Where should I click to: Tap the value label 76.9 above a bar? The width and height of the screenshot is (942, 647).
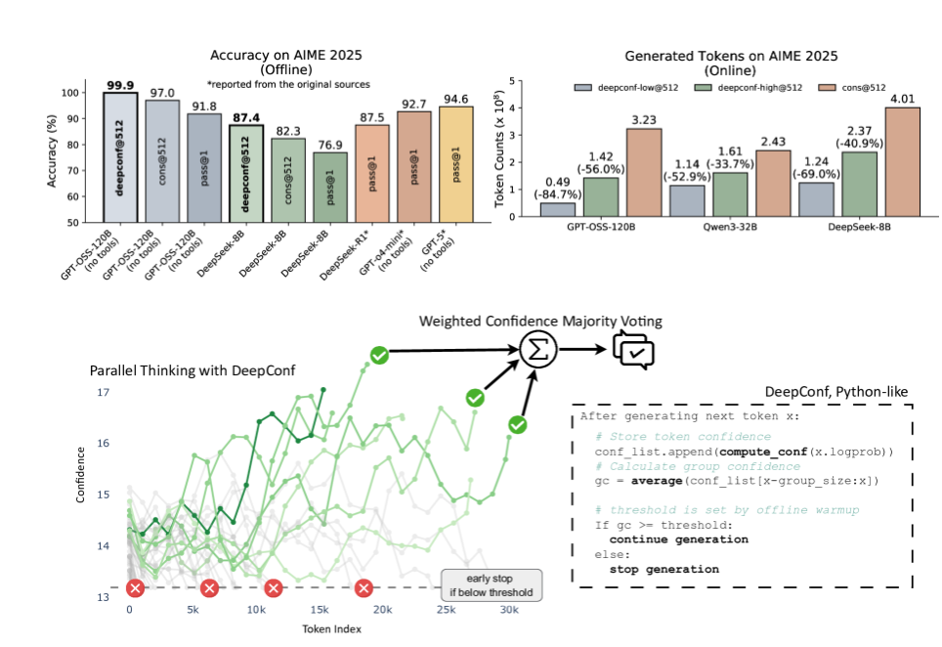327,145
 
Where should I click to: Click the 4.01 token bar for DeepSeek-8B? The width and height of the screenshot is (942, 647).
903,161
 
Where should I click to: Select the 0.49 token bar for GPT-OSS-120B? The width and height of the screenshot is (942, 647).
557,209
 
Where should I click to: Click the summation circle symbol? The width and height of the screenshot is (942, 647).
535,349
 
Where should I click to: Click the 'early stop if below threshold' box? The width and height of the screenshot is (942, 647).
492,584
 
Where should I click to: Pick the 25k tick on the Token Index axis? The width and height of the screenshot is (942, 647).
446,610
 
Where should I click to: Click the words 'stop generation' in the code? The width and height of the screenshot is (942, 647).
664,569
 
